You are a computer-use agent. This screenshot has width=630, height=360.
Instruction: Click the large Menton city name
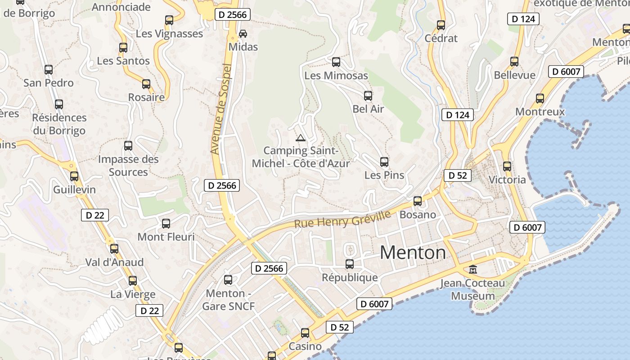[x=413, y=253]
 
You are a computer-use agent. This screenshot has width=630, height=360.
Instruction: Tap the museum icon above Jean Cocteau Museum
[x=473, y=270]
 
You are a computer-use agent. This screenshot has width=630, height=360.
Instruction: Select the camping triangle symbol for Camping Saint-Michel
[x=300, y=138]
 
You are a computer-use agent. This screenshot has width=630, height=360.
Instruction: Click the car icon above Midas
[x=243, y=34]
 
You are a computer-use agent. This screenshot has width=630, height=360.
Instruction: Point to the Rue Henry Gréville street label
[x=342, y=219]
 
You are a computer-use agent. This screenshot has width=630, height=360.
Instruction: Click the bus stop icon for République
[x=350, y=264]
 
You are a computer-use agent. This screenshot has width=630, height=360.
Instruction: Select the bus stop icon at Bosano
[x=418, y=201]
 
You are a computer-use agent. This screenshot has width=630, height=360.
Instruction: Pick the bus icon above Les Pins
[x=384, y=162]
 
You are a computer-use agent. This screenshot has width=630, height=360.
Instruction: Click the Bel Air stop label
[x=368, y=109]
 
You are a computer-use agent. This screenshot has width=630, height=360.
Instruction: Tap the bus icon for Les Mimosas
[x=336, y=62]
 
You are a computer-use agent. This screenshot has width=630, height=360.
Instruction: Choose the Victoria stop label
[x=507, y=180]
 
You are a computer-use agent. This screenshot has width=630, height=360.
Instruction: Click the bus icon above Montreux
[x=540, y=99]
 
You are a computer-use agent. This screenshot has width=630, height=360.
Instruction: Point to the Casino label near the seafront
[x=305, y=346]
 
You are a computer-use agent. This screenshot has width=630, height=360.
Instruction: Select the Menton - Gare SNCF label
[x=228, y=300]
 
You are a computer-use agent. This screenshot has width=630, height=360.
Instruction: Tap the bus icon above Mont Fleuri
[x=166, y=224]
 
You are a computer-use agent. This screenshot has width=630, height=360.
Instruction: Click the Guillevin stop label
[x=75, y=189]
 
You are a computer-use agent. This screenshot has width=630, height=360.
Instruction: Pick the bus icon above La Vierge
[x=132, y=281]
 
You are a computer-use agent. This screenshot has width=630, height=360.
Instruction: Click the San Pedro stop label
[x=49, y=83]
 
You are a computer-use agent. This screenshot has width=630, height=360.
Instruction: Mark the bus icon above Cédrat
[x=441, y=25]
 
